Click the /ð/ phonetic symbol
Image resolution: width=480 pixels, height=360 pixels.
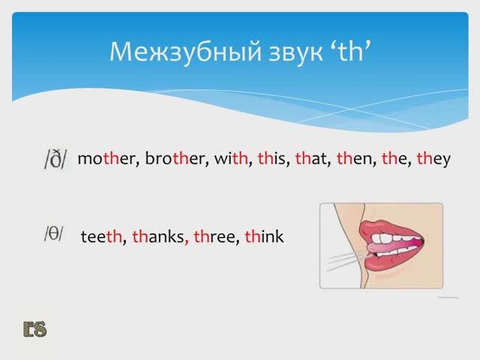pyautogui.click(x=55, y=160)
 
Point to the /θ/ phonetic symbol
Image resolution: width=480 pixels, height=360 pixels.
pyautogui.click(x=54, y=235)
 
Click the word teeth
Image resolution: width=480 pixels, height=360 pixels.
pyautogui.click(x=100, y=237)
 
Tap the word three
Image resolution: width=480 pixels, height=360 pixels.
pyautogui.click(x=216, y=237)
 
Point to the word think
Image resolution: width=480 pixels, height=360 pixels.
pyautogui.click(x=265, y=237)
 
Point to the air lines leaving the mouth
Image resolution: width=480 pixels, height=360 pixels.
pyautogui.click(x=341, y=259)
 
